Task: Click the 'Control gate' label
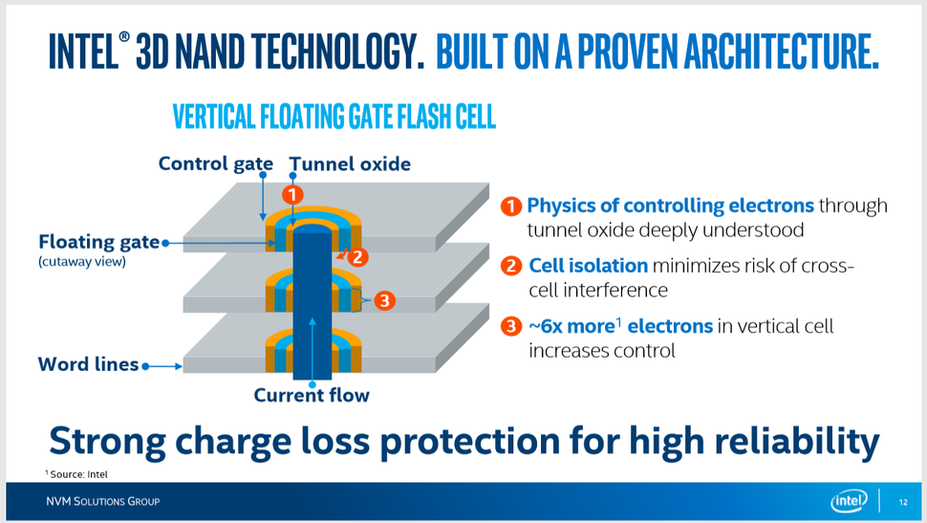click(x=216, y=163)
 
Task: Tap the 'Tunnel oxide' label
click(x=350, y=163)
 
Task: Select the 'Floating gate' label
click(x=98, y=242)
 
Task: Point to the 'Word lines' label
click(x=88, y=364)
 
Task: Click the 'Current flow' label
click(x=312, y=395)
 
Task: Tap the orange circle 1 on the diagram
click(x=292, y=195)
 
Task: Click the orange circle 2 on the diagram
click(x=357, y=257)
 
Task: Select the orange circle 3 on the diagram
click(x=384, y=300)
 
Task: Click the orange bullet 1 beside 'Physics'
click(x=511, y=206)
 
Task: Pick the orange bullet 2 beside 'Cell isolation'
click(x=511, y=266)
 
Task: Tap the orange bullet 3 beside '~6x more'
click(x=511, y=326)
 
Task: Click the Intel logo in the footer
click(x=849, y=501)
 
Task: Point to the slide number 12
click(x=903, y=502)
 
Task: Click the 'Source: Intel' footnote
click(x=76, y=474)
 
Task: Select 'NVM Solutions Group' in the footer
click(x=103, y=502)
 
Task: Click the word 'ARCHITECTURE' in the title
click(x=782, y=51)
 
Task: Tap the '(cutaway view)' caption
click(x=82, y=262)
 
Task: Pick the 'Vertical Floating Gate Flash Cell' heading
click(x=334, y=117)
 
